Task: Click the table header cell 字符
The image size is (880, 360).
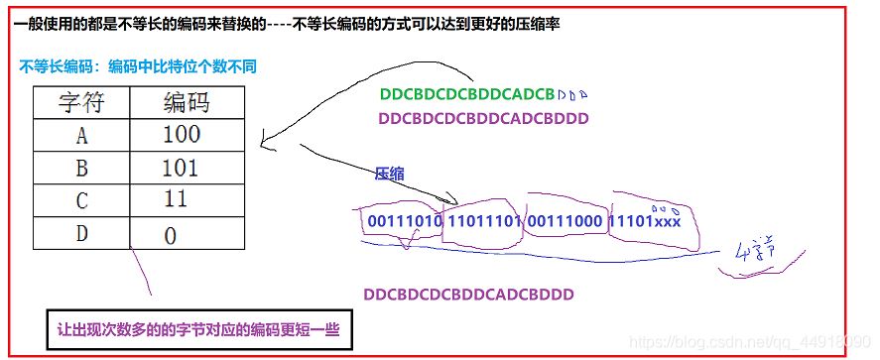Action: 81,102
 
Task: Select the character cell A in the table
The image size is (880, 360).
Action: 81,134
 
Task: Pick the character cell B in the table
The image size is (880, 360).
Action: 81,167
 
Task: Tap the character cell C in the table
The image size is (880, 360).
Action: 81,199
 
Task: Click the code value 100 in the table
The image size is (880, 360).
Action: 182,134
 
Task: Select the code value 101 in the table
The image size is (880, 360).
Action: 182,167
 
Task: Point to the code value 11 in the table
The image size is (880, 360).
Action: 177,199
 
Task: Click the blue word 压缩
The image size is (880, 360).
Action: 389,174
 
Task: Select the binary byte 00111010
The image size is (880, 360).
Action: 404,220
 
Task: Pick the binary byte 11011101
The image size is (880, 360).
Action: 484,220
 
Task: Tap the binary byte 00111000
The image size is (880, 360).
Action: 565,220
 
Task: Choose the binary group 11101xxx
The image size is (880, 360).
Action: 646,220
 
